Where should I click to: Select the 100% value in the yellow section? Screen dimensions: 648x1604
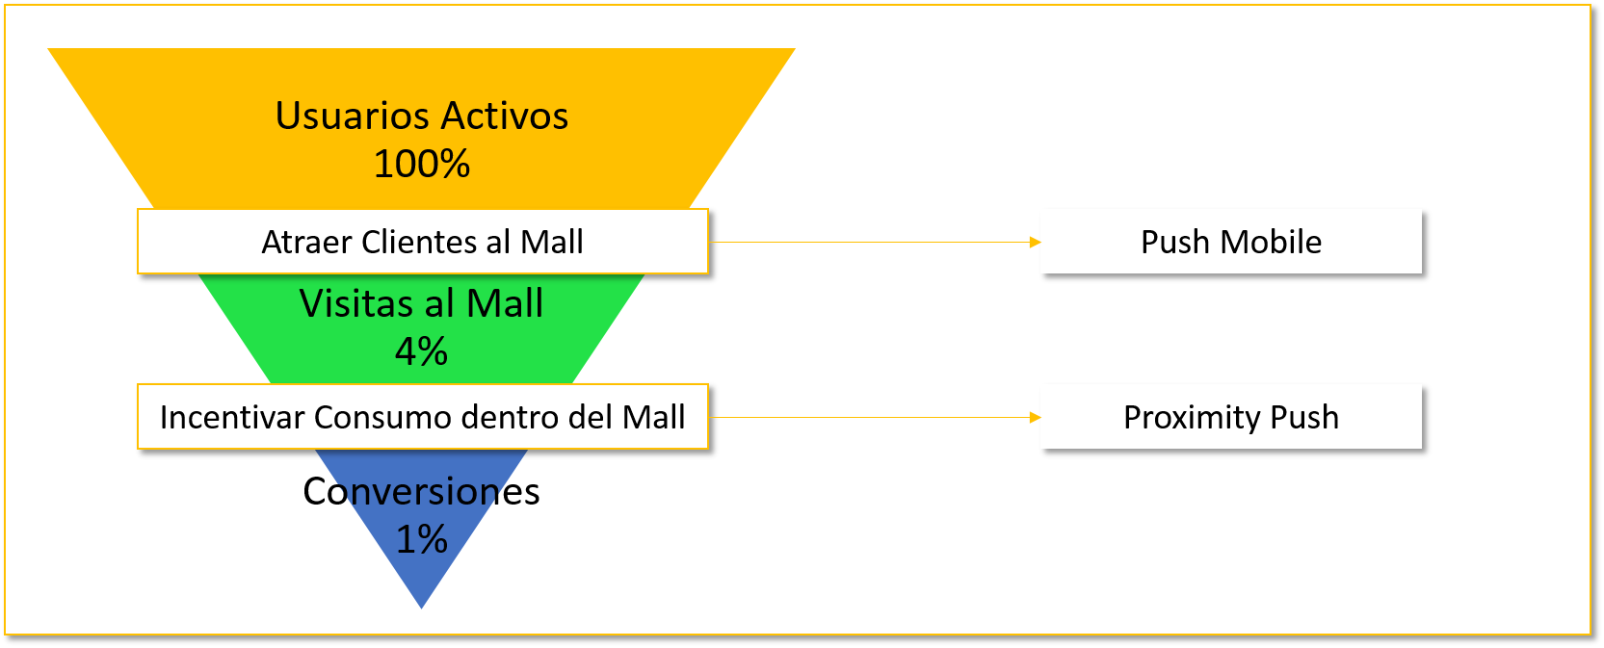(422, 165)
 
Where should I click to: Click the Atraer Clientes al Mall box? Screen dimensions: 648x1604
(423, 242)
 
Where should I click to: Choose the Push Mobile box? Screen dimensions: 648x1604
(1231, 242)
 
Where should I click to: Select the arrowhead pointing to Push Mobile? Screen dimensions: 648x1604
(1036, 242)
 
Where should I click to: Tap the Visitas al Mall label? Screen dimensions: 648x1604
(422, 304)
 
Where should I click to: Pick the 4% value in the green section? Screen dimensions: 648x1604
(422, 352)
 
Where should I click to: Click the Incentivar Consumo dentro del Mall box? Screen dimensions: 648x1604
(423, 417)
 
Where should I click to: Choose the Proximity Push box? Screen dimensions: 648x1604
(1231, 417)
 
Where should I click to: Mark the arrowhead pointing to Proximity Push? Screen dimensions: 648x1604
(1036, 417)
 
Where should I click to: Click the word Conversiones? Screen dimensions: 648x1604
(422, 492)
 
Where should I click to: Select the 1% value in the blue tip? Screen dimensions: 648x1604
(422, 540)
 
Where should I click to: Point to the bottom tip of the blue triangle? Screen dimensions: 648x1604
(422, 606)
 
